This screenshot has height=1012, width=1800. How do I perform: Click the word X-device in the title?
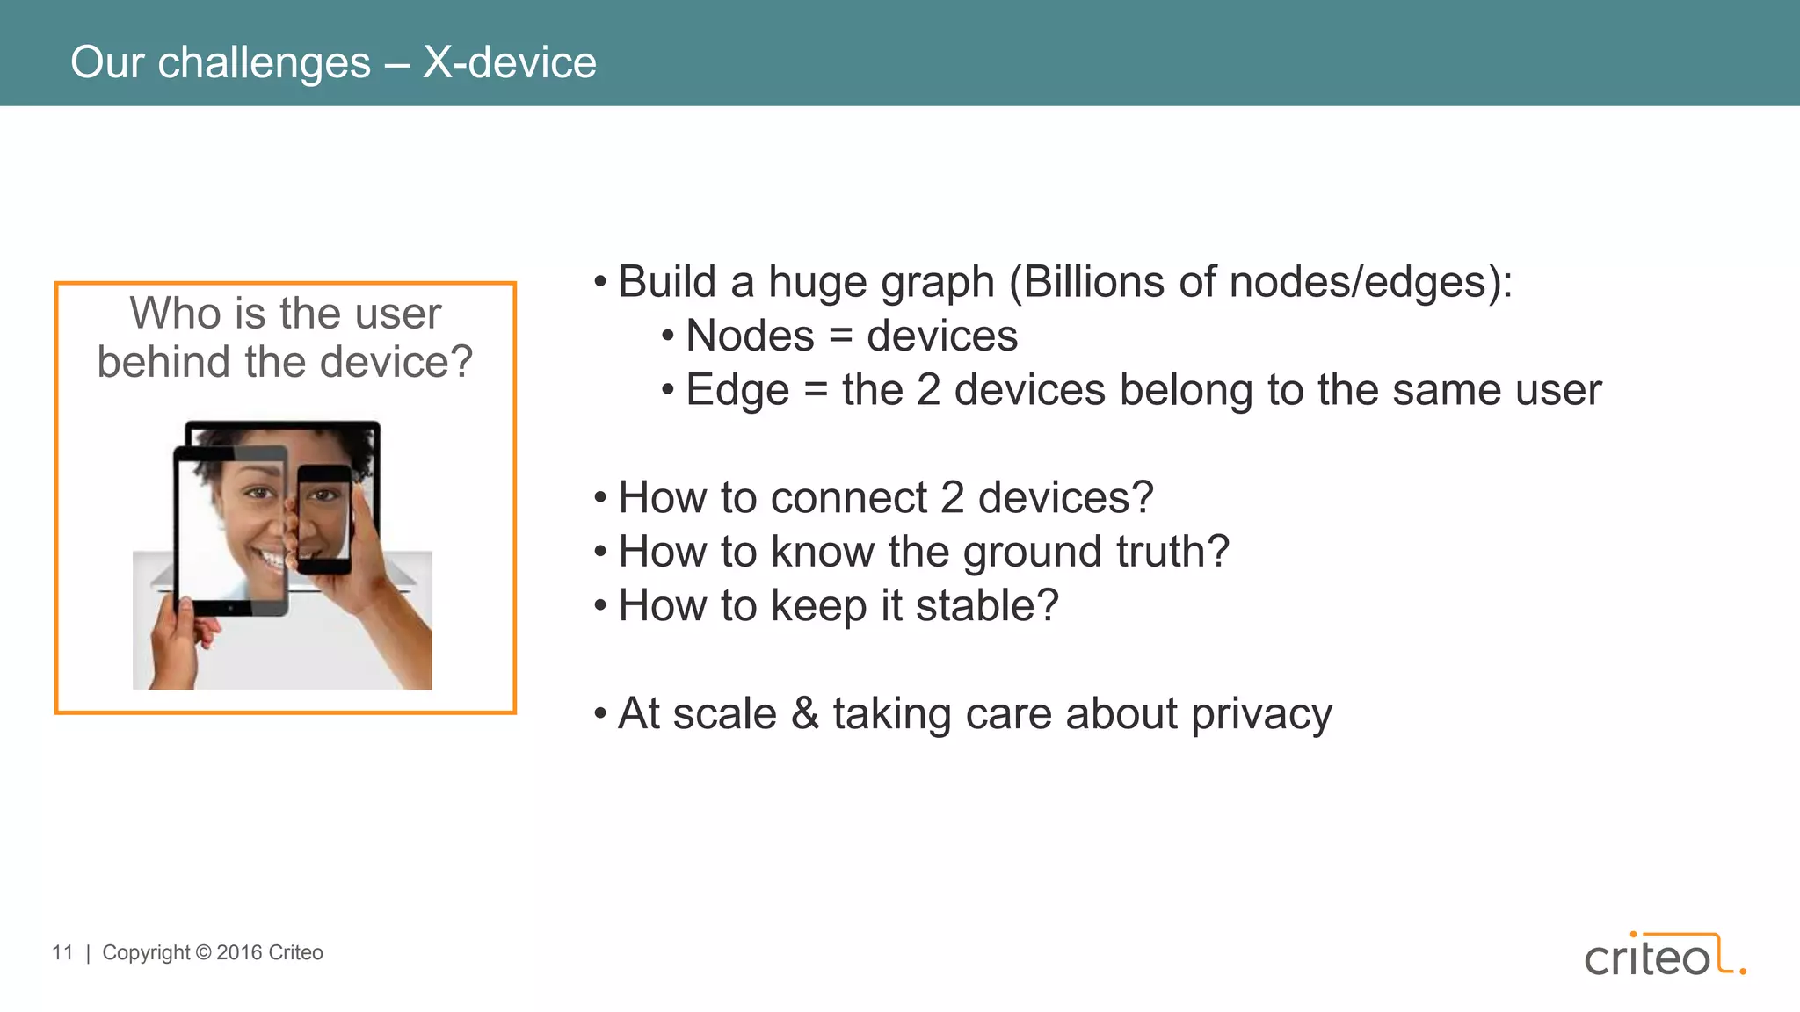tap(509, 62)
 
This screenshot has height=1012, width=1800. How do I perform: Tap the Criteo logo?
tap(1664, 956)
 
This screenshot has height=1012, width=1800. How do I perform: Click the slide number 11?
tap(62, 952)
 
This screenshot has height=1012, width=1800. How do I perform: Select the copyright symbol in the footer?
tap(203, 952)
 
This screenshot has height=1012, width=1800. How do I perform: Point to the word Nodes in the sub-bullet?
tap(750, 336)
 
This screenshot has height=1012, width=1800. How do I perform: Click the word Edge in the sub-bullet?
tap(737, 390)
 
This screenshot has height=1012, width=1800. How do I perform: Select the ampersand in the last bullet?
tap(805, 713)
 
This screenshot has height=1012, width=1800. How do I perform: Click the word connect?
tap(849, 498)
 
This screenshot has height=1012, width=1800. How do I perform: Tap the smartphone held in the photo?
tap(323, 518)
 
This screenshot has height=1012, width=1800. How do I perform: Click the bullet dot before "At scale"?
tap(600, 713)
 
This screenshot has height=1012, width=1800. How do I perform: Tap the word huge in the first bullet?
tap(817, 282)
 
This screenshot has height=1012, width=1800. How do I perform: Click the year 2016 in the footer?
tap(239, 952)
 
